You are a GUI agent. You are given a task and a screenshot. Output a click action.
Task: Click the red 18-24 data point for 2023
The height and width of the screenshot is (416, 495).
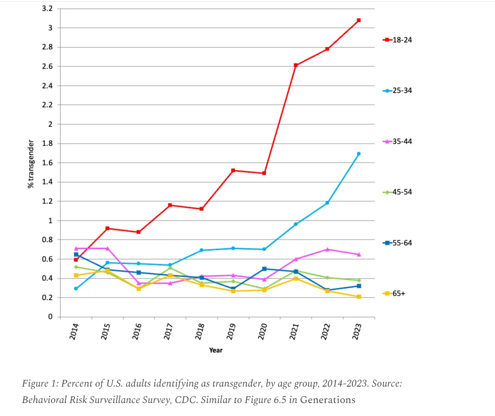coord(359,20)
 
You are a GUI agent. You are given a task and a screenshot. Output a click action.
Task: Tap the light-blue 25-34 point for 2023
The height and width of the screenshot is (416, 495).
coord(359,154)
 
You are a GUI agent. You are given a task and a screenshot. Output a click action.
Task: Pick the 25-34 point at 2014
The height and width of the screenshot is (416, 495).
coord(76,288)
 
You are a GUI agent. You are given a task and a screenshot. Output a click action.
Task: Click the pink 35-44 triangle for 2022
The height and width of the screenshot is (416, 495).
coord(327,249)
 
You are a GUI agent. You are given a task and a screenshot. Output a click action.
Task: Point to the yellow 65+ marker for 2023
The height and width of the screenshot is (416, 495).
coord(359,297)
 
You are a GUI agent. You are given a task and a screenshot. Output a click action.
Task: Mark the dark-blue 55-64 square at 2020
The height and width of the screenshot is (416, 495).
coord(264,269)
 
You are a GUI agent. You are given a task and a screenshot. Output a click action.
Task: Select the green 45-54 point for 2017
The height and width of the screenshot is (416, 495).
coord(170,268)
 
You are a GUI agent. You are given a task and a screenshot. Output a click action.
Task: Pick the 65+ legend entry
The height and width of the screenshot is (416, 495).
coord(393,293)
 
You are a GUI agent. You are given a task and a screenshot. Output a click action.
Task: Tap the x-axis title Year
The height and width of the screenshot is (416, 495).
coord(215,350)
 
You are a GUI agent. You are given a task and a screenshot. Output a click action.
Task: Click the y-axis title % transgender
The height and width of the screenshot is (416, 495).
coord(31,163)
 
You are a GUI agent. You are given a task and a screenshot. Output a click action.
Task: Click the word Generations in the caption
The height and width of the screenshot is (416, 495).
coord(328,400)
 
